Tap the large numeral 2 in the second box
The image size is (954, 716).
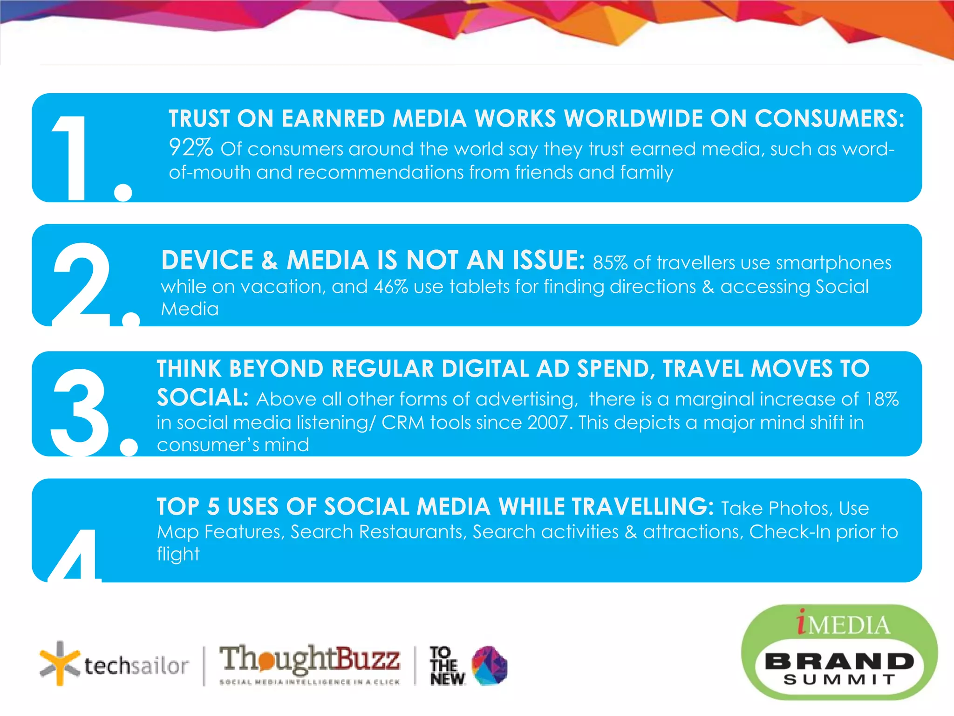[82, 284]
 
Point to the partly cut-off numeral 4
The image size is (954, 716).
[75, 557]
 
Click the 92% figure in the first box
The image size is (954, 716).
[191, 148]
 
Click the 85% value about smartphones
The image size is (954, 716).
[610, 263]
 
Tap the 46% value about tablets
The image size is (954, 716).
[391, 287]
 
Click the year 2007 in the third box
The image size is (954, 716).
[548, 422]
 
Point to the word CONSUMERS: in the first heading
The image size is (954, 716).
[829, 118]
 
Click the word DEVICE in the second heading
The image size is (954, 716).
[207, 260]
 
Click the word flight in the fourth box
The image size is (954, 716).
[178, 554]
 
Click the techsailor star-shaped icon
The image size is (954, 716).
[59, 663]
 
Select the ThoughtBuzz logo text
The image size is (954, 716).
[309, 658]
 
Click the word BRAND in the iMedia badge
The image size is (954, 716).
[839, 661]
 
